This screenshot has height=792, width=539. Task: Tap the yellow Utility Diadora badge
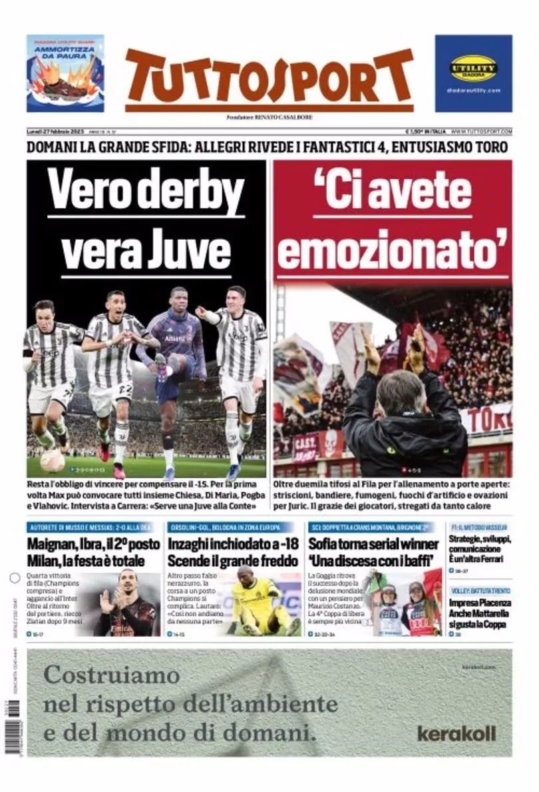[473, 68]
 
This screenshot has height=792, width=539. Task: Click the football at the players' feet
[52, 460]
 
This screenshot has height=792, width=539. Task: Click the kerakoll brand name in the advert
[456, 733]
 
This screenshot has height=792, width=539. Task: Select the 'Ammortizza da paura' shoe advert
[65, 73]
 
